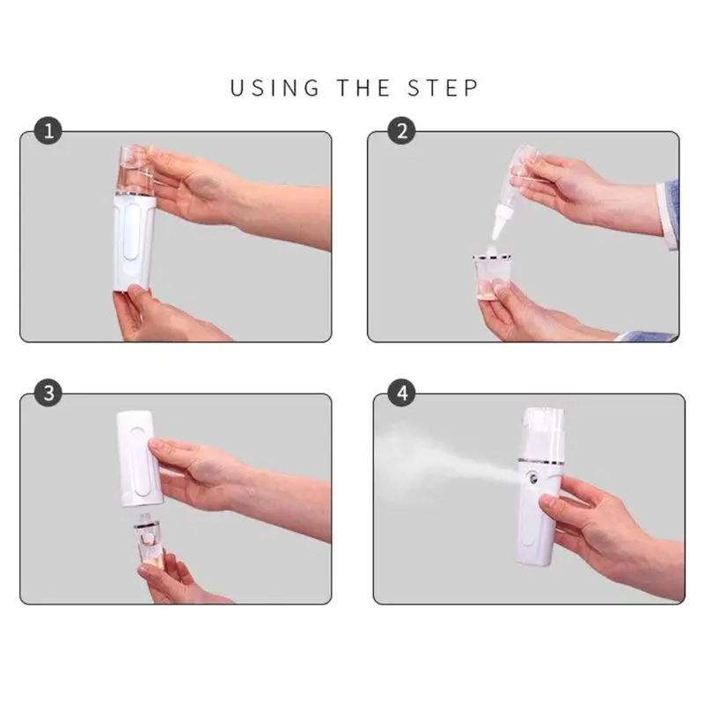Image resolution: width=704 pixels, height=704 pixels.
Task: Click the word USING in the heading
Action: click(x=275, y=87)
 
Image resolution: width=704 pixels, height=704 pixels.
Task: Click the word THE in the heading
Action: click(x=363, y=87)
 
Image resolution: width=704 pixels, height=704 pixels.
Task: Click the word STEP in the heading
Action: click(x=443, y=87)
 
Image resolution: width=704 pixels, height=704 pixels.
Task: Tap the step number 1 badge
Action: click(x=48, y=130)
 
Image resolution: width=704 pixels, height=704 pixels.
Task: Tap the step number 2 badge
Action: click(x=401, y=130)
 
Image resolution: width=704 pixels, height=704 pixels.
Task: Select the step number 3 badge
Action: click(x=48, y=393)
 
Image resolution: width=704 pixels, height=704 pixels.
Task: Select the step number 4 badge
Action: click(x=401, y=393)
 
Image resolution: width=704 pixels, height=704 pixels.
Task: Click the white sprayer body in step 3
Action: click(x=139, y=458)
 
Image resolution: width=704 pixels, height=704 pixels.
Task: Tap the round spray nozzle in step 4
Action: click(x=533, y=478)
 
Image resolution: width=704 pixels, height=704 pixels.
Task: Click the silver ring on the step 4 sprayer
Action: click(x=540, y=461)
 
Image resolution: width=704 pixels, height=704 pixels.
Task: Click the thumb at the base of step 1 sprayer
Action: click(x=135, y=292)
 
